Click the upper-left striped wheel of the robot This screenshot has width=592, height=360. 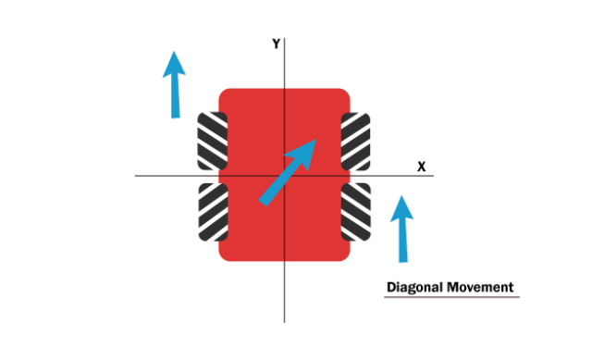[x=211, y=139]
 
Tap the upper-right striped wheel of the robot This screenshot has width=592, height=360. [x=357, y=139]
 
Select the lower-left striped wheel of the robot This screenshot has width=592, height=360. [x=211, y=211]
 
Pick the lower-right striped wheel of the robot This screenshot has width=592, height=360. [x=357, y=211]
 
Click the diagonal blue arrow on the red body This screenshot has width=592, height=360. [x=288, y=172]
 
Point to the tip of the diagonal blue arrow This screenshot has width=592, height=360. [x=317, y=140]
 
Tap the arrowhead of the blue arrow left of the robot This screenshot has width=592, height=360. [x=174, y=63]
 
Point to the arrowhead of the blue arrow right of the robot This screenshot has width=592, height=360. [x=401, y=207]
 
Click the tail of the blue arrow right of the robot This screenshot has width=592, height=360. [x=403, y=261]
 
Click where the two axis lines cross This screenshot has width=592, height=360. [x=284, y=176]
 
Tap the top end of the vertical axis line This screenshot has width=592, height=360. [x=284, y=39]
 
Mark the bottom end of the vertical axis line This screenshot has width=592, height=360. [x=284, y=321]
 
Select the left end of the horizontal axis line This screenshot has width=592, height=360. [x=135, y=176]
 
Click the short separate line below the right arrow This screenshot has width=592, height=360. [x=451, y=297]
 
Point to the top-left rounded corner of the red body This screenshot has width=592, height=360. [x=223, y=93]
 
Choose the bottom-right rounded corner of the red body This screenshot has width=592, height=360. [x=345, y=256]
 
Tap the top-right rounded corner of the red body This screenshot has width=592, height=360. [x=345, y=93]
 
